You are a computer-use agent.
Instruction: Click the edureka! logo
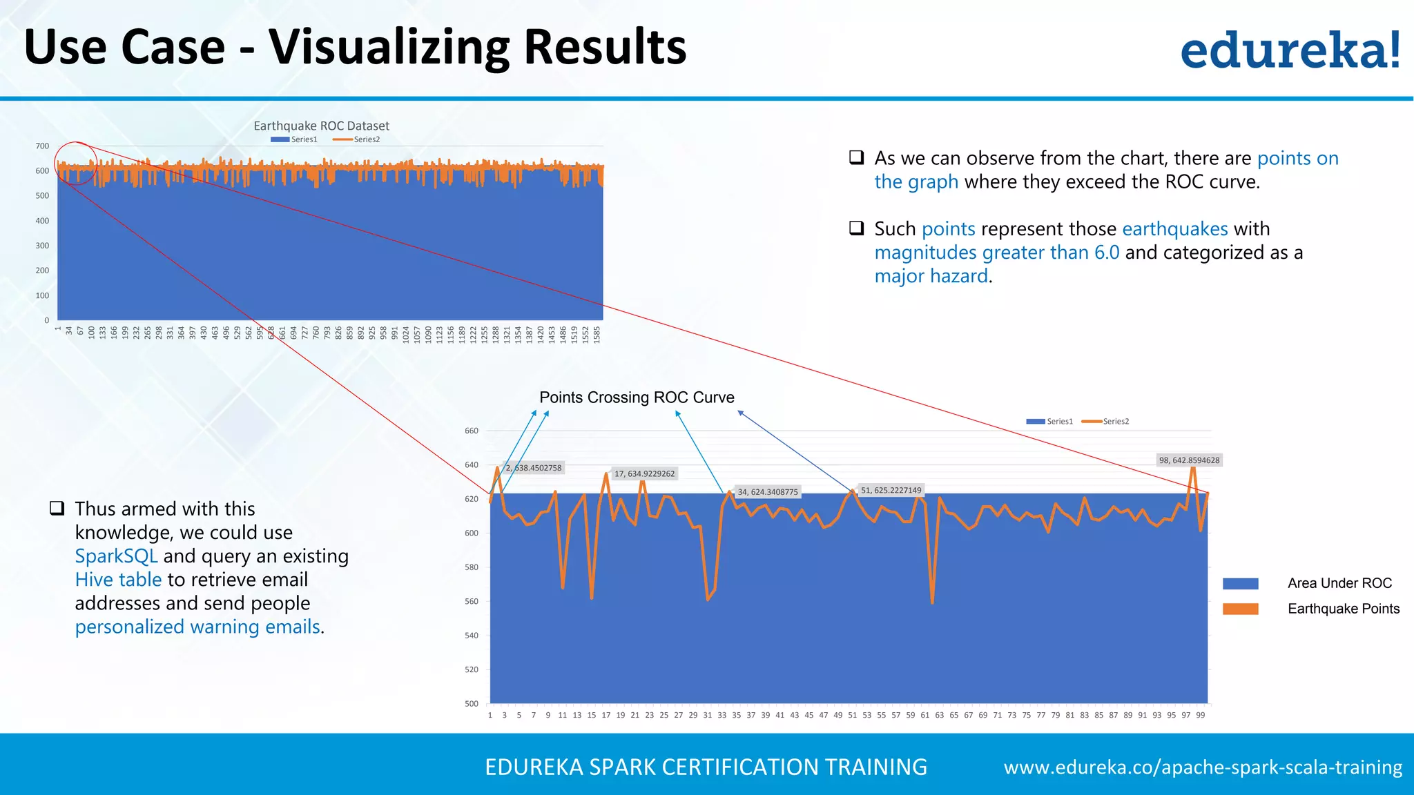1290,50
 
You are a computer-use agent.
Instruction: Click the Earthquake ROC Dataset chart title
321,126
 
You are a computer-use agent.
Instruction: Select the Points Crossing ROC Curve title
637,397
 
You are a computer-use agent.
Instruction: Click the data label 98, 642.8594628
1189,460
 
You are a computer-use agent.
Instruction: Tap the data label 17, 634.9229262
644,474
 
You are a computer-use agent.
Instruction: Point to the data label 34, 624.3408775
767,492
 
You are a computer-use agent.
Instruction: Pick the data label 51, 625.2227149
891,491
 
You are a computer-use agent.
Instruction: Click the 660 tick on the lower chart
472,431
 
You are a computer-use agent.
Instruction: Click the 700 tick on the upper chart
43,146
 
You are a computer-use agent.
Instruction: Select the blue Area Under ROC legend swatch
1240,584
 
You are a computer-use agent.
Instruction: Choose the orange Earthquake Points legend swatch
1240,609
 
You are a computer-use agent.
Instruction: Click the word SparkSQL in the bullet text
116,556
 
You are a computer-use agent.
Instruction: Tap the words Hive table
118,580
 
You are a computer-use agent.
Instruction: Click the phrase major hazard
931,276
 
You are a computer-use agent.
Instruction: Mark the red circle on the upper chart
76,164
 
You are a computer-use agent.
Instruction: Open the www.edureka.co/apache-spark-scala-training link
1203,767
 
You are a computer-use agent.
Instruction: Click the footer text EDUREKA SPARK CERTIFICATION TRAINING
706,767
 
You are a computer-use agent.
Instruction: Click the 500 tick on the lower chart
472,704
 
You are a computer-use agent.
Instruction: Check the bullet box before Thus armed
57,509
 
